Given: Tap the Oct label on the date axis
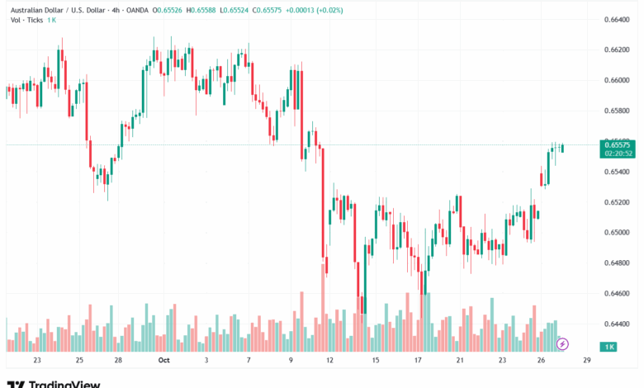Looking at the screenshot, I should pos(163,361).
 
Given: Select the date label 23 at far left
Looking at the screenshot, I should pos(36,361).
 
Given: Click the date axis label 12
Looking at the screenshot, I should pos(329,361).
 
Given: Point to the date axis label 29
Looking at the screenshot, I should pos(585,361).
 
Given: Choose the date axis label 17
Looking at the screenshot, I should pos(419,361).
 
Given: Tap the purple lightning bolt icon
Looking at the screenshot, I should pos(562,343).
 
